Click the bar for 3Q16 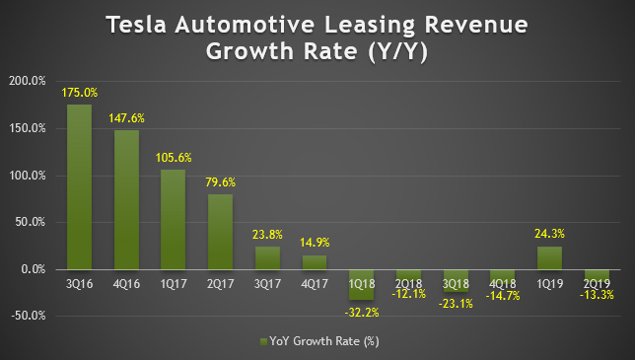79,186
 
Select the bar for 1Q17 173,219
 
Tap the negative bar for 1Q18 361,284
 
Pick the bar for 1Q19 549,257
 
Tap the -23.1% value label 456,305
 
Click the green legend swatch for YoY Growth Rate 262,341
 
